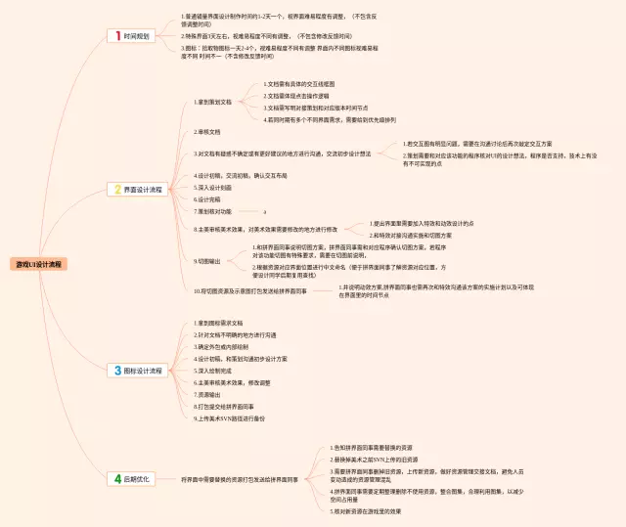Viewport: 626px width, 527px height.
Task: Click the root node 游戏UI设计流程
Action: pos(38,264)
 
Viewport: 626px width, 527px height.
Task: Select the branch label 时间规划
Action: pos(137,36)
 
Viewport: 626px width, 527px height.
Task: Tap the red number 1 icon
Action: pos(115,36)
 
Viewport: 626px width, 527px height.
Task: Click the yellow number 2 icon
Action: pos(115,189)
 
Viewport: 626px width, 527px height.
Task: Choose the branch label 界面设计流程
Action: pos(144,189)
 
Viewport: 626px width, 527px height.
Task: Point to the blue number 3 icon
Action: pos(115,371)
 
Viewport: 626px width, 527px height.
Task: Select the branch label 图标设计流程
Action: pos(144,371)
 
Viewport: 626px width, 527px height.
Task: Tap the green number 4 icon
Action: pos(115,478)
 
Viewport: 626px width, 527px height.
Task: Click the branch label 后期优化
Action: pos(137,478)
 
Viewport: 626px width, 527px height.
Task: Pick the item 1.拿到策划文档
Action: pos(214,102)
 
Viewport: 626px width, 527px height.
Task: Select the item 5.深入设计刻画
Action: pos(213,187)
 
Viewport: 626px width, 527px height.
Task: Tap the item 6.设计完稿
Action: pos(208,198)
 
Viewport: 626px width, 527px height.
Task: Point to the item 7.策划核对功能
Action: pos(214,210)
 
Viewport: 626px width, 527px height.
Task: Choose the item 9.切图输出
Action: pos(208,261)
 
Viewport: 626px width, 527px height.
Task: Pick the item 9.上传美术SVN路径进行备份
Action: pos(229,418)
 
